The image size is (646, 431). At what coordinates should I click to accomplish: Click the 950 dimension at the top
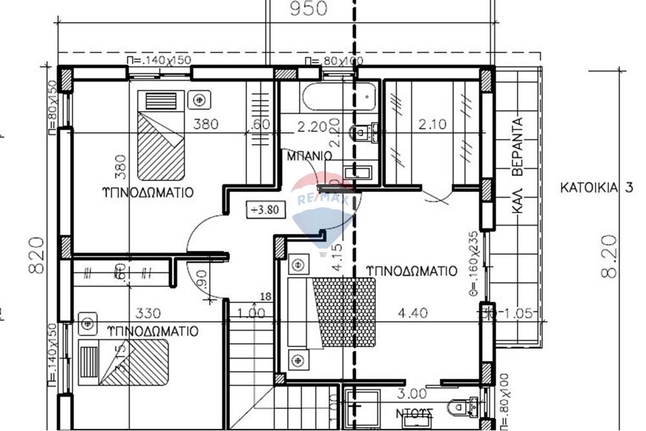click(309, 8)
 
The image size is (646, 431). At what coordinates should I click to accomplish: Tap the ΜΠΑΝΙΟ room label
click(309, 156)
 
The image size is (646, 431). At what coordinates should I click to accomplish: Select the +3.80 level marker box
click(264, 209)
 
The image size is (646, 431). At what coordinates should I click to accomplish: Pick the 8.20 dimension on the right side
click(609, 257)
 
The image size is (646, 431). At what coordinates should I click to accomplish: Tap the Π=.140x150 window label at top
click(159, 59)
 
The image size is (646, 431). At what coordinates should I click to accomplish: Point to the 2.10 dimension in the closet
click(432, 125)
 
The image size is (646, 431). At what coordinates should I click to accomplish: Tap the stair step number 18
click(265, 297)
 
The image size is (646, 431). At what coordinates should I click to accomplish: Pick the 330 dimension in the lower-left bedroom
click(148, 314)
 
